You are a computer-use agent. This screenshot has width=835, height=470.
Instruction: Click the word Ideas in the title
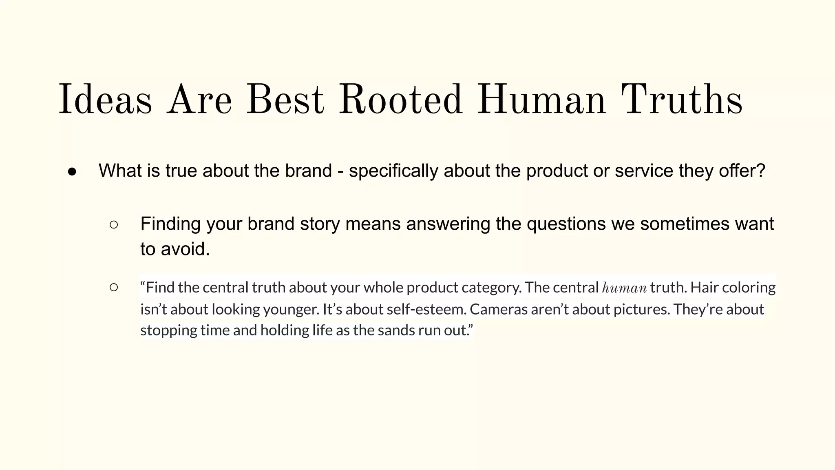click(106, 100)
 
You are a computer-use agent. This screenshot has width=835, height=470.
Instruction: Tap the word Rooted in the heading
click(400, 100)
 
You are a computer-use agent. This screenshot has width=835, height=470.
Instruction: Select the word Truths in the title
click(681, 100)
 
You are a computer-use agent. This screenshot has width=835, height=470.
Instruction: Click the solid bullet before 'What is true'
click(72, 172)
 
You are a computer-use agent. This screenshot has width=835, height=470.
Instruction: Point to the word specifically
click(393, 171)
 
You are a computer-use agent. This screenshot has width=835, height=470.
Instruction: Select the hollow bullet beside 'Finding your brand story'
click(114, 224)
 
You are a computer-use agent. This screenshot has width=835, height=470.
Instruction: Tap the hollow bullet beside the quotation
click(114, 288)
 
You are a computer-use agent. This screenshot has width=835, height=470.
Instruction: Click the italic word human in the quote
click(624, 288)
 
